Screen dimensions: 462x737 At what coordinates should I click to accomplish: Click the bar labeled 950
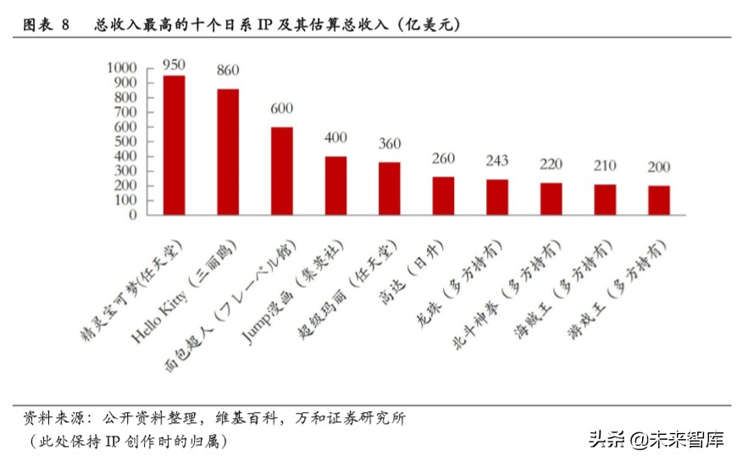[174, 145]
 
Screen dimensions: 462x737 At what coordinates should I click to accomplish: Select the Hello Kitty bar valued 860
[228, 152]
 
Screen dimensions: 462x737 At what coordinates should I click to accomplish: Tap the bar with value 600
[281, 170]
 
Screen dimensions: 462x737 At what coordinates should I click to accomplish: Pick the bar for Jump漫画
[335, 186]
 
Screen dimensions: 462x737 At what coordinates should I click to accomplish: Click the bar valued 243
[497, 197]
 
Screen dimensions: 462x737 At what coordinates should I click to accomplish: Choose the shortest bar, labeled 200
[659, 200]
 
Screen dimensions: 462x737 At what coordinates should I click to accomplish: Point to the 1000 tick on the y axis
[120, 68]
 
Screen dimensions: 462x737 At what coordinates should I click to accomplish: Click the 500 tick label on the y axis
[125, 142]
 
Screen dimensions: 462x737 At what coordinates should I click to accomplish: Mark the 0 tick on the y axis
[131, 215]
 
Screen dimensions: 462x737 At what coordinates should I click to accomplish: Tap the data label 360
[390, 144]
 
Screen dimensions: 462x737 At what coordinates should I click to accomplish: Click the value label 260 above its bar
[443, 159]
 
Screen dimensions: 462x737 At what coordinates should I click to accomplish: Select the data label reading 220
[551, 164]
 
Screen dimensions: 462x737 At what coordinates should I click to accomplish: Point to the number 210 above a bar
[605, 166]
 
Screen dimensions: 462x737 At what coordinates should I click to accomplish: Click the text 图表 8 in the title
[46, 25]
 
